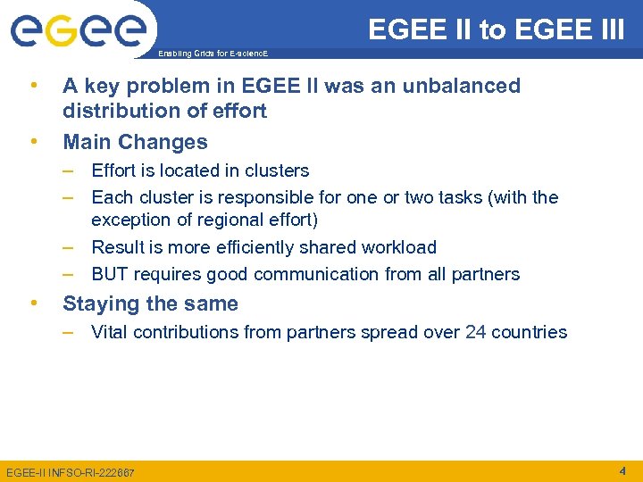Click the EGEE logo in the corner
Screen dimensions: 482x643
pos(78,30)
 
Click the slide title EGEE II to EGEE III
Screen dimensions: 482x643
pos(497,29)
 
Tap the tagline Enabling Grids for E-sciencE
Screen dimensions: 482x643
pos(212,54)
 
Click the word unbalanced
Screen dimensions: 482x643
pos(466,86)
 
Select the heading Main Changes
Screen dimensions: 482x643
pos(135,142)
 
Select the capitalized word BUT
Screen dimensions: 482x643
pos(111,274)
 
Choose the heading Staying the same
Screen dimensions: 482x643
pos(150,303)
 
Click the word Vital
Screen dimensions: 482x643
pos(111,332)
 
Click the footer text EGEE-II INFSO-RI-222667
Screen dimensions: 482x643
pos(71,472)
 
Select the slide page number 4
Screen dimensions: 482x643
pos(622,470)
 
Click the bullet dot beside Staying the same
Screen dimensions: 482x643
pos(33,303)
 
